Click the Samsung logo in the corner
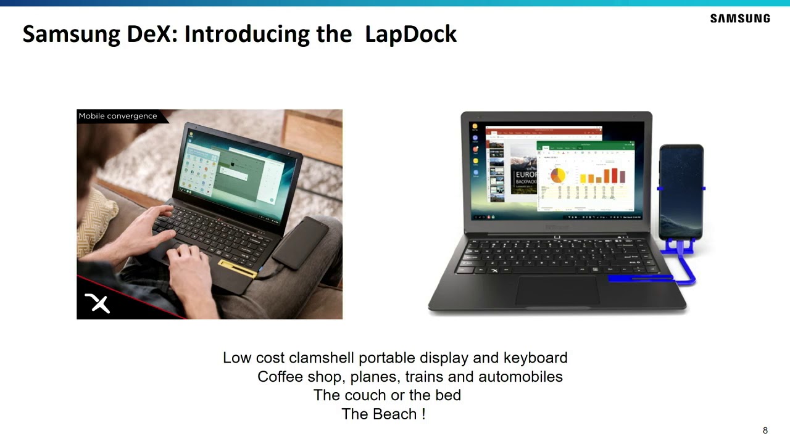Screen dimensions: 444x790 click(x=739, y=18)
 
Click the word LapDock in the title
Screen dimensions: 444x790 click(x=410, y=34)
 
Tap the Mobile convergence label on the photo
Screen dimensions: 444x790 click(x=118, y=116)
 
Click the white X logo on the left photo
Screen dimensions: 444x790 click(x=98, y=303)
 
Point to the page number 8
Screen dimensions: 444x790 click(x=765, y=430)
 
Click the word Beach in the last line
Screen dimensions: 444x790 click(x=397, y=414)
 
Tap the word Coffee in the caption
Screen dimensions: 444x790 click(x=280, y=376)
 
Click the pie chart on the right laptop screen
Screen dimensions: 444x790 click(x=557, y=175)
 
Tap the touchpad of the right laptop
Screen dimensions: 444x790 click(x=557, y=290)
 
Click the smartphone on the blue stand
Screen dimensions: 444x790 click(x=681, y=191)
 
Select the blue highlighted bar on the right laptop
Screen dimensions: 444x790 click(x=640, y=278)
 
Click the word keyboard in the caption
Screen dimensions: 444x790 click(x=535, y=358)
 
